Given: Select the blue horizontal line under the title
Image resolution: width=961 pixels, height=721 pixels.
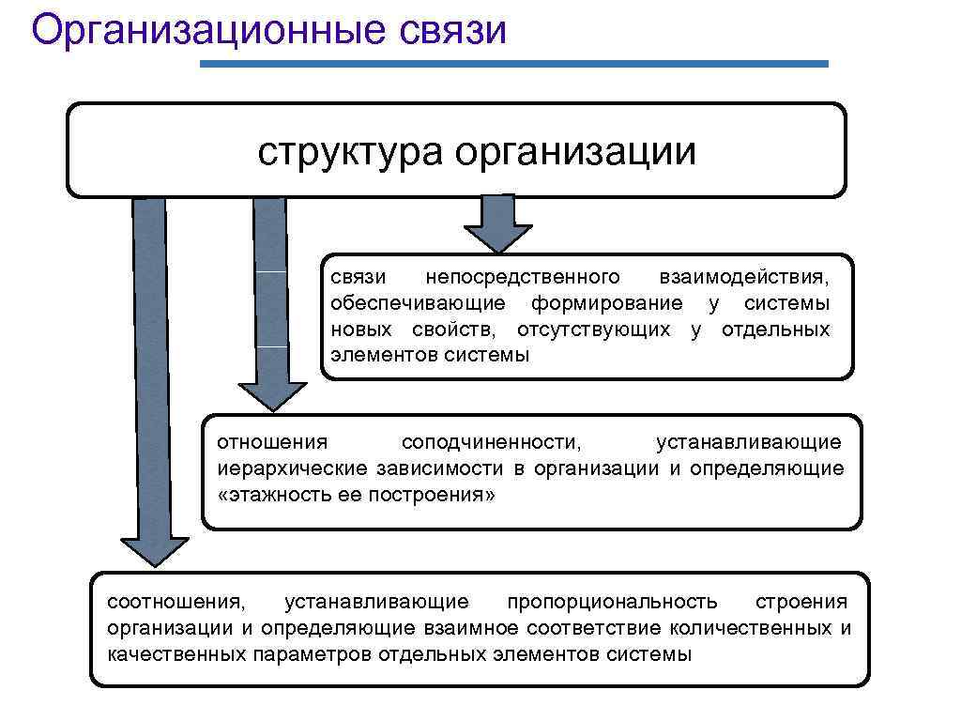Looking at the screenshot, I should (x=514, y=64).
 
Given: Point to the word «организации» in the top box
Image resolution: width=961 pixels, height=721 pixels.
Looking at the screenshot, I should (x=576, y=150).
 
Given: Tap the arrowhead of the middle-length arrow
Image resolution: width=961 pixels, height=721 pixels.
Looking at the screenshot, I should (x=272, y=395).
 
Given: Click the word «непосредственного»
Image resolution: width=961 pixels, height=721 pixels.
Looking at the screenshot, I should (x=523, y=277).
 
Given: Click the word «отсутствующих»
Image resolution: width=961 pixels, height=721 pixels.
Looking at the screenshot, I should (x=593, y=330).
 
